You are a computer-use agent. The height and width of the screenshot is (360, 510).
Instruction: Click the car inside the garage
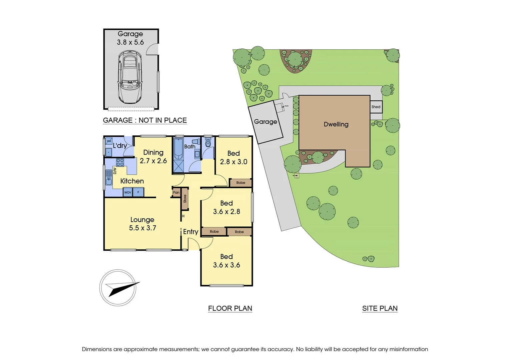click(130, 77)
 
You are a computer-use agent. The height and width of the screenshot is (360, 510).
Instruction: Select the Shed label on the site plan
click(376, 107)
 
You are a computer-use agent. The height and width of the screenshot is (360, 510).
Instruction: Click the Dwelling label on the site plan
click(336, 124)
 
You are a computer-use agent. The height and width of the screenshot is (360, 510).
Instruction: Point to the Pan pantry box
click(176, 193)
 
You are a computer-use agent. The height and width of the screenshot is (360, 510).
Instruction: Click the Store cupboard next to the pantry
click(185, 199)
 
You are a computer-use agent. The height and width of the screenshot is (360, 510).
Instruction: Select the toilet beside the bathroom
click(208, 144)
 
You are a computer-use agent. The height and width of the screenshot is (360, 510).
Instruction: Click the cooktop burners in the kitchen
click(120, 162)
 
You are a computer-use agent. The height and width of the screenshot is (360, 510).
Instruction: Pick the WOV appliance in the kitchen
click(128, 192)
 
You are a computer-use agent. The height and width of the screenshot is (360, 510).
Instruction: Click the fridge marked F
click(138, 192)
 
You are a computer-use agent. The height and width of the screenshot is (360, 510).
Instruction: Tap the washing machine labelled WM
click(109, 141)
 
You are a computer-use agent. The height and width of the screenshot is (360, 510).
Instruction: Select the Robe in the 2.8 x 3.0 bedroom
click(240, 183)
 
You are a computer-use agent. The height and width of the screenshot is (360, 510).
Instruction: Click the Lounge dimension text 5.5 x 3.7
click(142, 228)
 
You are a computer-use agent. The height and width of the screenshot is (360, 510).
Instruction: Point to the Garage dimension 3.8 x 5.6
click(130, 42)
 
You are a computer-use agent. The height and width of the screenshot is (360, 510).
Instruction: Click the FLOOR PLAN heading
click(230, 308)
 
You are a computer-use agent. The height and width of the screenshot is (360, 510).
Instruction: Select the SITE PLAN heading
click(380, 308)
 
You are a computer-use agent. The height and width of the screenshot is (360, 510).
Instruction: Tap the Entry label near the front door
click(190, 232)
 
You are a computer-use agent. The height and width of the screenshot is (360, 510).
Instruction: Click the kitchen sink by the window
click(109, 177)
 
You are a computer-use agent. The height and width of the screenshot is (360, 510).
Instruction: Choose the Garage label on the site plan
click(266, 122)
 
